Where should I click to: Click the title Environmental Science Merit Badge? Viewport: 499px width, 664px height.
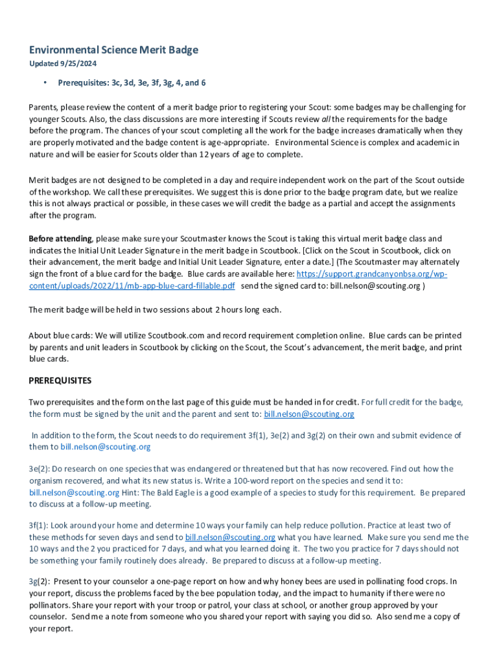(113, 50)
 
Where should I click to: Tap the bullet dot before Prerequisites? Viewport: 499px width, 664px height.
(45, 83)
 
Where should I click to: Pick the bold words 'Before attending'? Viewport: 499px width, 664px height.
(61, 239)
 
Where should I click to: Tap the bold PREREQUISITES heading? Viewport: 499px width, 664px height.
(60, 381)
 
